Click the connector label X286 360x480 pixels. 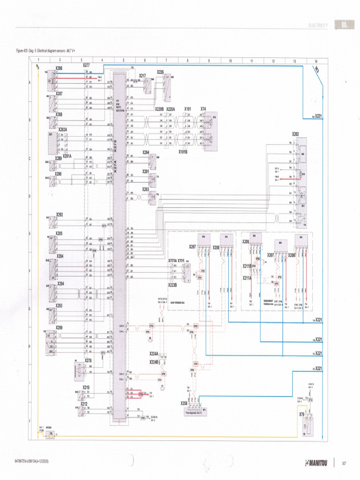pyautogui.click(x=59, y=68)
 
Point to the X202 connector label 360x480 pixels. pyautogui.click(x=296, y=134)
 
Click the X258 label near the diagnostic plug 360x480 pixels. pyautogui.click(x=184, y=403)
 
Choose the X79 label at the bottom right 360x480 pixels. pyautogui.click(x=302, y=414)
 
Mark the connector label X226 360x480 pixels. pyautogui.click(x=160, y=72)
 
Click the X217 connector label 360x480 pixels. pyautogui.click(x=142, y=75)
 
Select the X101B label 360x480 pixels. pyautogui.click(x=183, y=152)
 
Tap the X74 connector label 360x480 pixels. pyautogui.click(x=203, y=109)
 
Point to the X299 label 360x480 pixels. pyautogui.click(x=59, y=328)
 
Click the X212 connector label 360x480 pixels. pyautogui.click(x=83, y=404)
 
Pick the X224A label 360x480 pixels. pyautogui.click(x=154, y=353)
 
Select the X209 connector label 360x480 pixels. pyautogui.click(x=246, y=242)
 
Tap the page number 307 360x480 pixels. pyautogui.click(x=344, y=464)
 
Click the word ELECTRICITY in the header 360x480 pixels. pyautogui.click(x=318, y=25)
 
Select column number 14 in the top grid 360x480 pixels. pyautogui.click(x=316, y=60)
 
